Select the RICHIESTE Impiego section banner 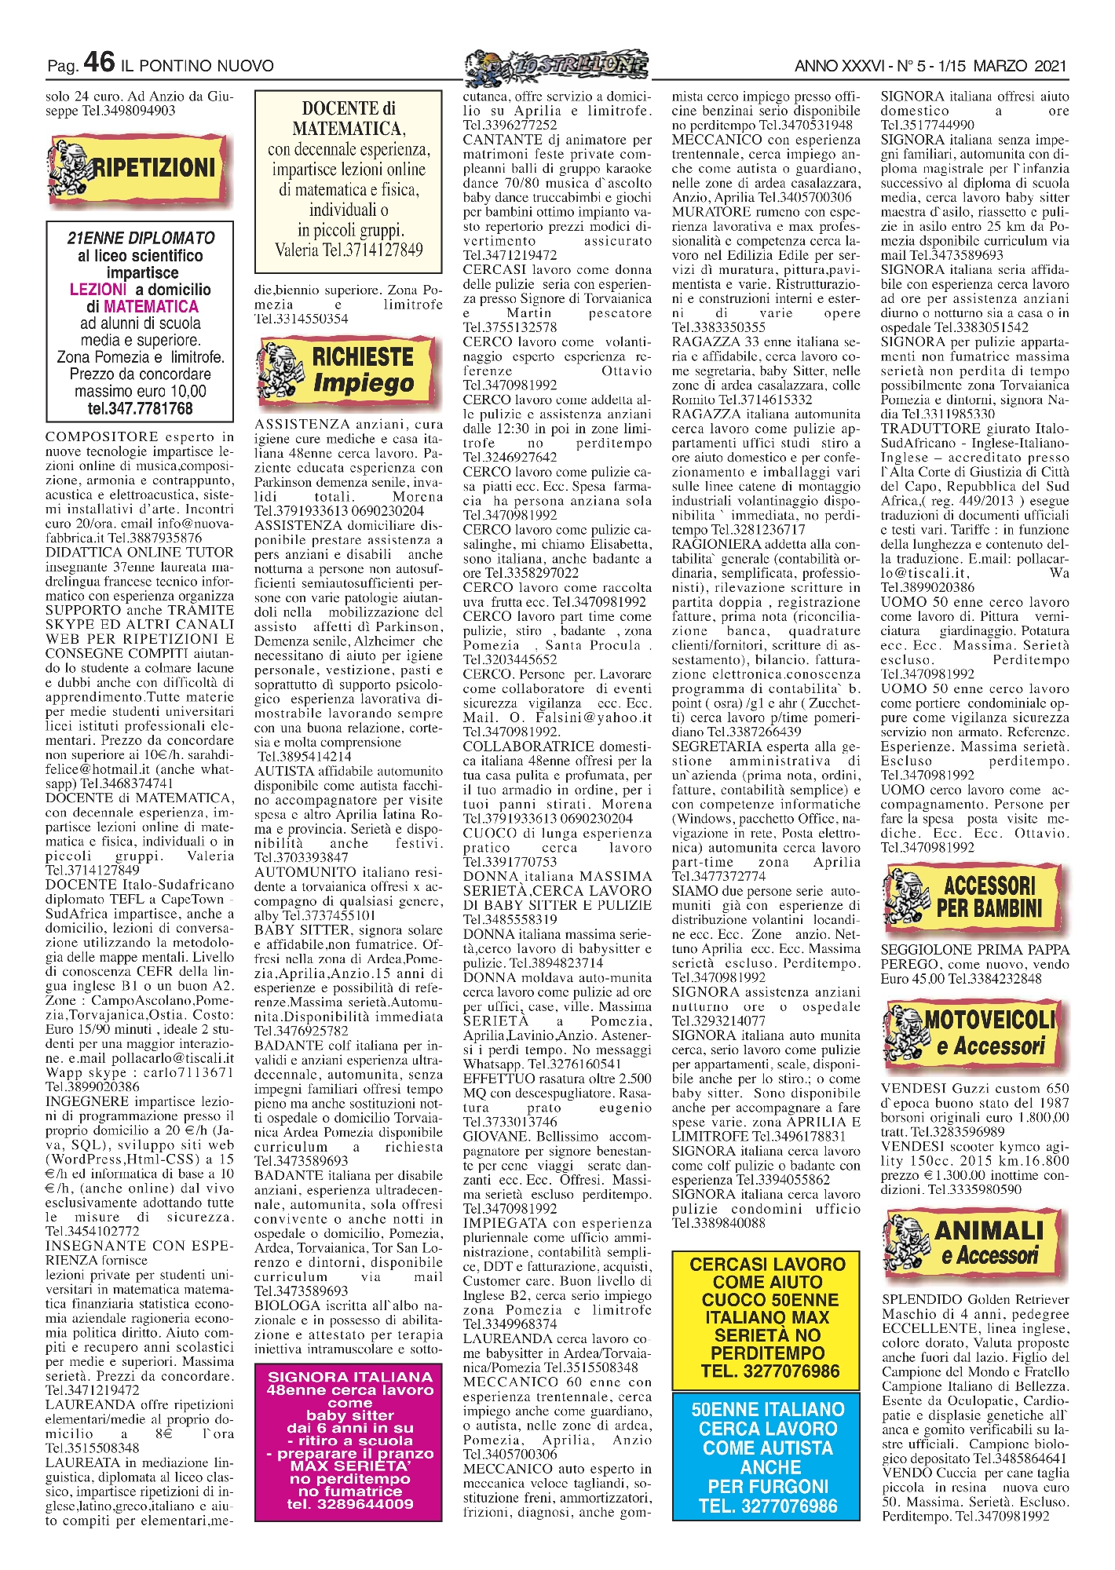[349, 370]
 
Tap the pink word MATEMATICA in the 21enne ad [151, 306]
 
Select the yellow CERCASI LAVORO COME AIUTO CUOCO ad [766, 1317]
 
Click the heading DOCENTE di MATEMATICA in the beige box [349, 118]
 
